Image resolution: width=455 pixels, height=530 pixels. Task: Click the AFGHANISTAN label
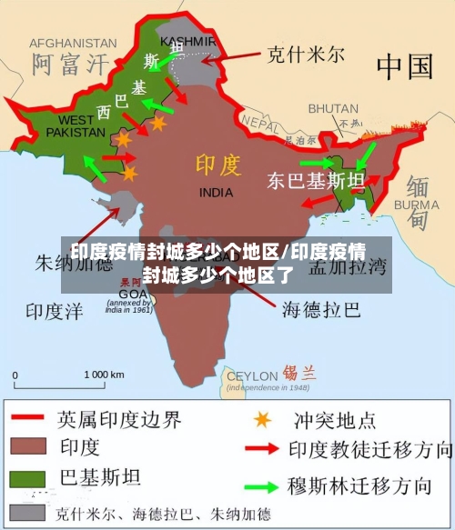click(x=73, y=43)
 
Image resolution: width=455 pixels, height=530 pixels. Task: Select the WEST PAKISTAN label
click(x=76, y=126)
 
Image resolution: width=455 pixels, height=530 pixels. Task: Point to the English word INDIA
click(x=216, y=193)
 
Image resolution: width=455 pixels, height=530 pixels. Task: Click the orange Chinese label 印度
click(x=218, y=165)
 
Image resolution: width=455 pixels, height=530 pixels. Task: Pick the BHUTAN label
click(x=333, y=108)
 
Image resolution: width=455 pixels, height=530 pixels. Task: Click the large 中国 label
click(x=404, y=65)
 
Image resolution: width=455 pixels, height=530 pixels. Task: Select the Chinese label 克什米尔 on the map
click(x=305, y=55)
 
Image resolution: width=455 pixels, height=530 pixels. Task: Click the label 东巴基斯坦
click(x=315, y=180)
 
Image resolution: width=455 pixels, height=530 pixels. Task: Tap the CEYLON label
click(x=253, y=375)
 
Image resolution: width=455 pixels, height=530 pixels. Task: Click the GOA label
click(x=132, y=294)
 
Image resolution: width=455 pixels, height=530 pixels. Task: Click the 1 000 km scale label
click(x=104, y=375)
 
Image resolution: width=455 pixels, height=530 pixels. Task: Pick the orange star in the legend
click(x=262, y=419)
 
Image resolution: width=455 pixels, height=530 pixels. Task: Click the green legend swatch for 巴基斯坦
click(x=29, y=476)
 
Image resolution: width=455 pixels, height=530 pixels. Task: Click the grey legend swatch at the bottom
click(x=29, y=510)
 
